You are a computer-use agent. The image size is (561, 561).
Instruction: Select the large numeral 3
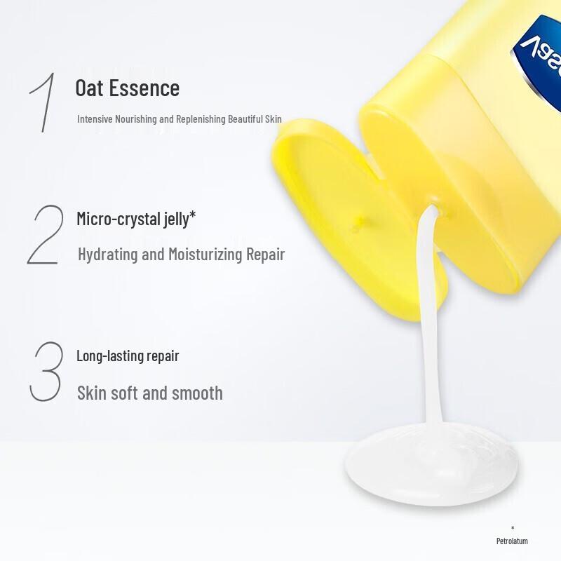46,372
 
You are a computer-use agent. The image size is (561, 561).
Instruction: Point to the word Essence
144,88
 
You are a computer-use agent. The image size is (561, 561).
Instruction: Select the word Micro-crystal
119,219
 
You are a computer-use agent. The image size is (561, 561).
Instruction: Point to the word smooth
197,393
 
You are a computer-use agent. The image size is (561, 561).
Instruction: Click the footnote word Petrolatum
512,541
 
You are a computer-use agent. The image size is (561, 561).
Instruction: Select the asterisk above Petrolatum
513,528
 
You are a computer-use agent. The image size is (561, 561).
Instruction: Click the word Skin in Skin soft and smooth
92,393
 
